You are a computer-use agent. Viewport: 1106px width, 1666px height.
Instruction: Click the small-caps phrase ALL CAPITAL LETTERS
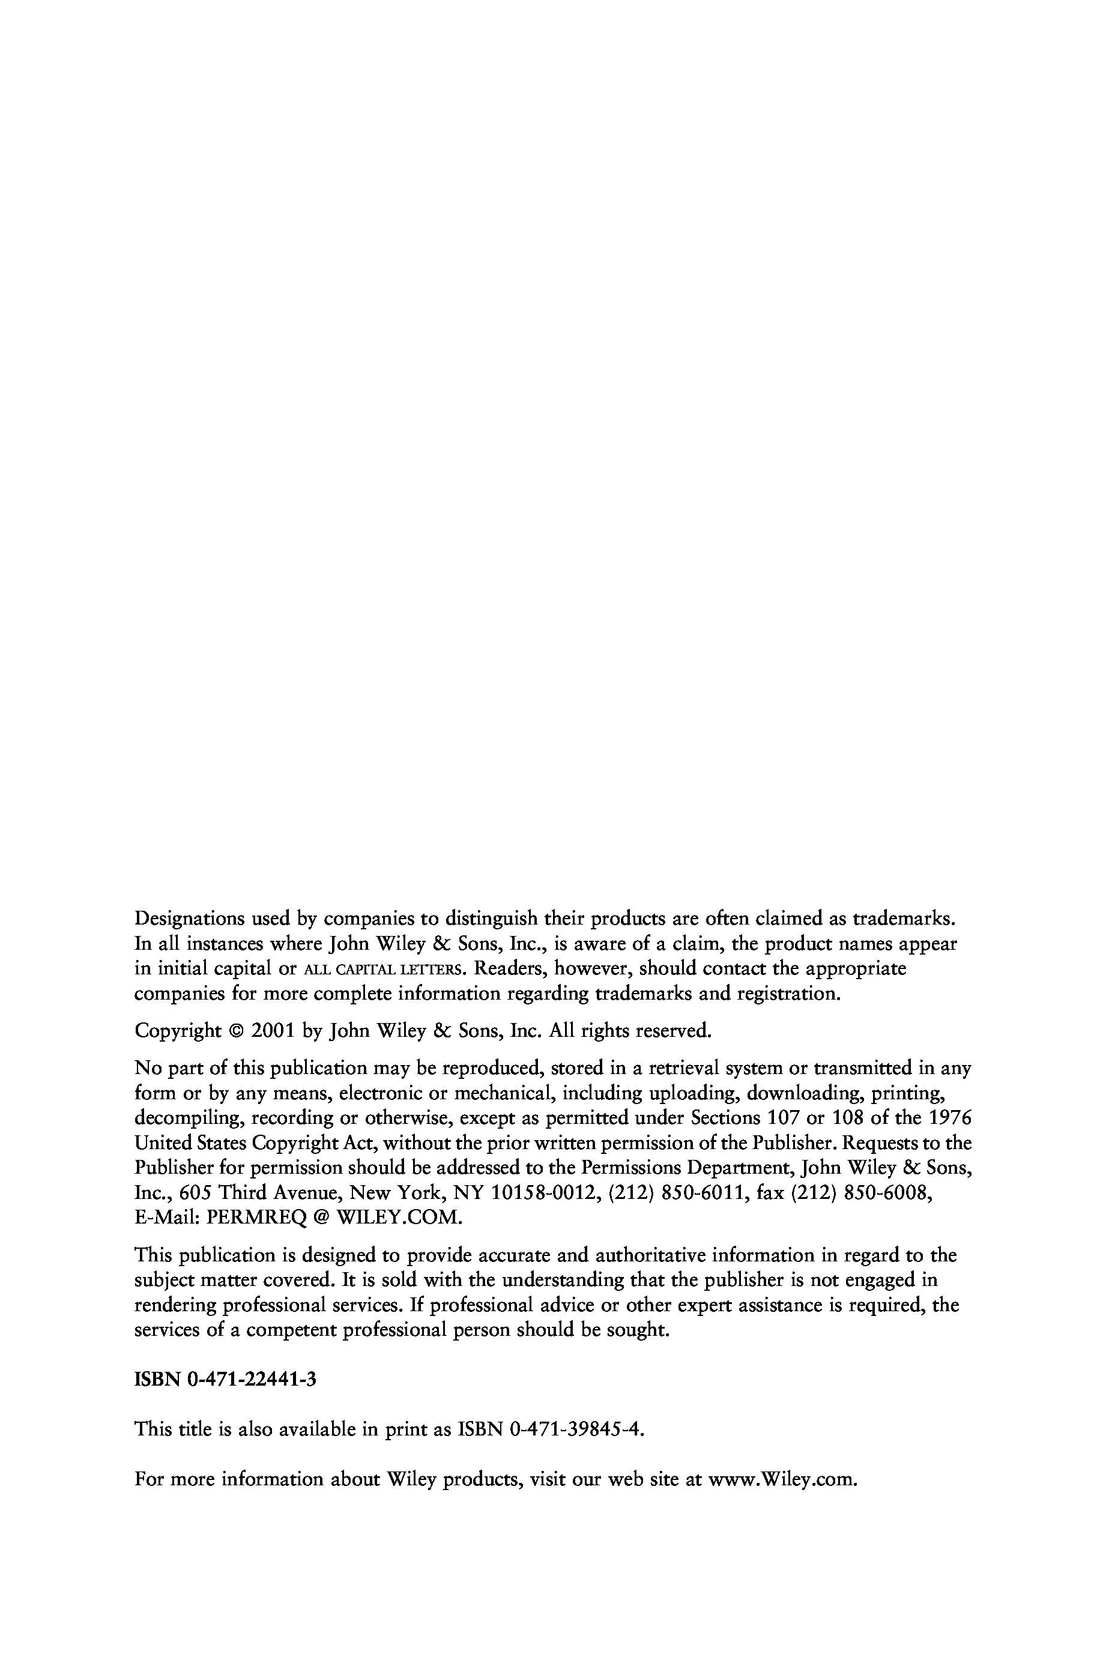384,969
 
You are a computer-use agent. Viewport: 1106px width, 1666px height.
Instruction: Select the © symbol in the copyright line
235,1032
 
